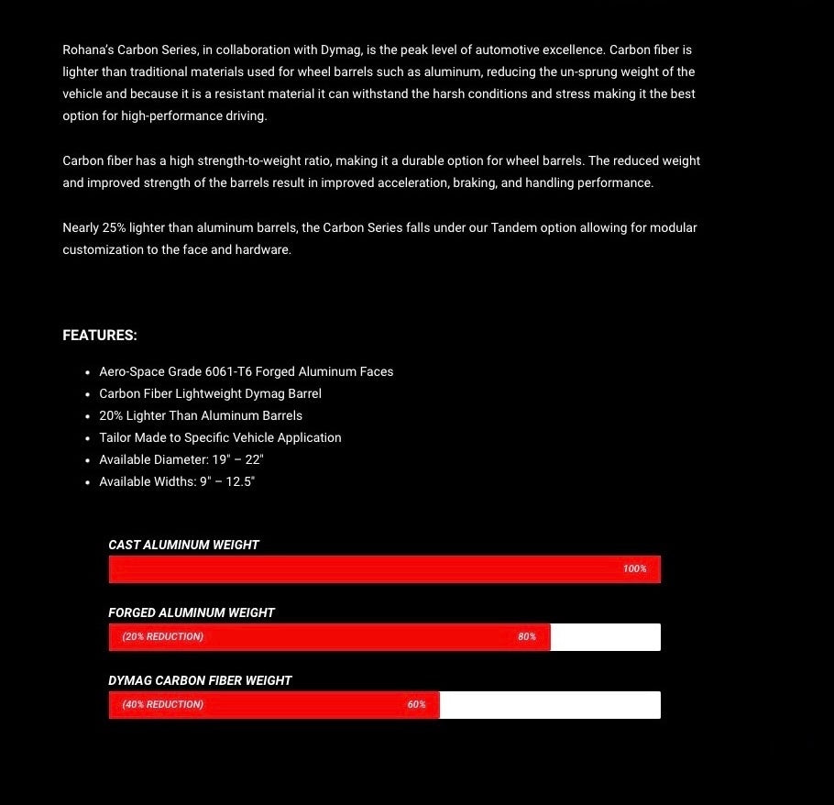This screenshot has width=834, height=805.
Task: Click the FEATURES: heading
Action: (x=100, y=336)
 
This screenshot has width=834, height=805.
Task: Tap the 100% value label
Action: (x=634, y=568)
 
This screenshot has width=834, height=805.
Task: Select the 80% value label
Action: (x=527, y=636)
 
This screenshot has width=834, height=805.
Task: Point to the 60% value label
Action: (x=417, y=704)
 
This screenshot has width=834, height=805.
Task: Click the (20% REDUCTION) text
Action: (x=163, y=636)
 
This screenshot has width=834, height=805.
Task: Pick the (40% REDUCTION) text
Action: (x=163, y=704)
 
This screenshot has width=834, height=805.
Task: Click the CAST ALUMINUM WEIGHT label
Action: (x=183, y=545)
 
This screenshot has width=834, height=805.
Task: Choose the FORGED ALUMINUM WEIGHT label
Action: (x=192, y=612)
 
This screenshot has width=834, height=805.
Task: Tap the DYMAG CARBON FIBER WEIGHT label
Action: (x=200, y=680)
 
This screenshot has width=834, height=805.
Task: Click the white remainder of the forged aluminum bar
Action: (x=605, y=637)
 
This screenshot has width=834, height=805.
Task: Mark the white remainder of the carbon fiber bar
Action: (x=550, y=705)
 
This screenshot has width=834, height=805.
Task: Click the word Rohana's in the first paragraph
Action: (x=88, y=50)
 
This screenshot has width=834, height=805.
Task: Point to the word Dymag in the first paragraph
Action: (x=339, y=50)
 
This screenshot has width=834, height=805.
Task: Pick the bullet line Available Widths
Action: (x=177, y=481)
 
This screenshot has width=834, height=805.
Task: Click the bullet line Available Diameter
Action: (x=181, y=459)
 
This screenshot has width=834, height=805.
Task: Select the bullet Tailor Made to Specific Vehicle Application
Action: (x=220, y=437)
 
